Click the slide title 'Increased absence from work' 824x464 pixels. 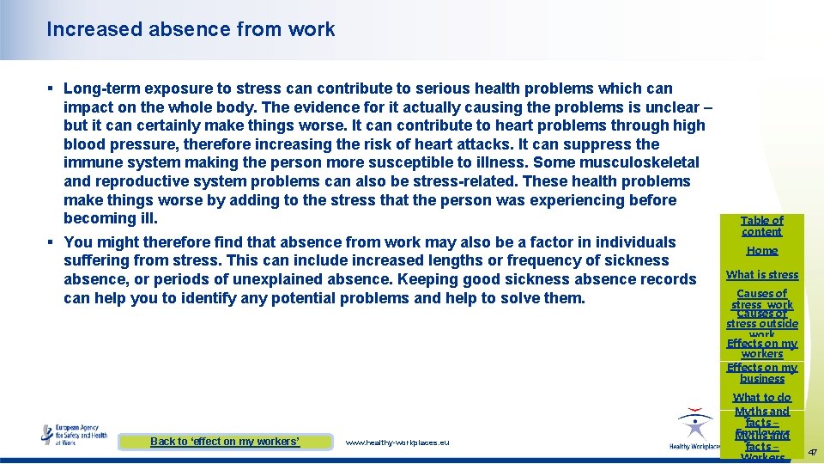(x=191, y=29)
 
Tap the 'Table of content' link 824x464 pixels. (x=762, y=226)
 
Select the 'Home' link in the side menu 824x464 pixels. (x=762, y=251)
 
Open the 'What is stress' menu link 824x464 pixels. (x=762, y=275)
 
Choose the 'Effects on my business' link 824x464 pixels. (x=762, y=373)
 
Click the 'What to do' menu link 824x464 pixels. (x=762, y=398)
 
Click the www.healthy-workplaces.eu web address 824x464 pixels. (x=397, y=443)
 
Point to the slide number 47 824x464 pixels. (x=812, y=450)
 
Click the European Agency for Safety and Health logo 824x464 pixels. (x=76, y=434)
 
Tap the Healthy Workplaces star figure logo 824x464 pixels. (x=694, y=427)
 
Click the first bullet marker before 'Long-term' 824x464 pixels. (x=52, y=89)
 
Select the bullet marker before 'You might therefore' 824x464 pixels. (x=52, y=242)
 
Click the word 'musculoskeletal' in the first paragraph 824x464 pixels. (x=643, y=162)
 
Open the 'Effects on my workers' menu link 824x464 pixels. (x=762, y=348)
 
